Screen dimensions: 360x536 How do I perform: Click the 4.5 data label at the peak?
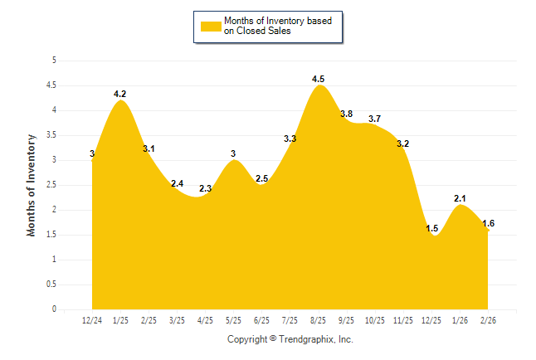(318, 80)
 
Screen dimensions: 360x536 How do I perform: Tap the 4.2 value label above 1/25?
(120, 95)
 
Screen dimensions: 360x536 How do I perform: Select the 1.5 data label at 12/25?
(431, 228)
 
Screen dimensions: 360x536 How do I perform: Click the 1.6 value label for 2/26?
(488, 223)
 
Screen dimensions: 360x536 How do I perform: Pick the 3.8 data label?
(346, 114)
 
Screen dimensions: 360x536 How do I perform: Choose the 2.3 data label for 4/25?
(206, 189)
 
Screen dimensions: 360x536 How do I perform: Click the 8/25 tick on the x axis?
(318, 319)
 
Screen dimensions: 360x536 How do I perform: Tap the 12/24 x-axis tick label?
(92, 319)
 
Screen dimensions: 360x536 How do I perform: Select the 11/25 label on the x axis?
(402, 319)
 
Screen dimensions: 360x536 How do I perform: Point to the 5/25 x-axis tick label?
(233, 319)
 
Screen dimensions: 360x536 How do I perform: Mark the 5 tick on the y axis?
(54, 61)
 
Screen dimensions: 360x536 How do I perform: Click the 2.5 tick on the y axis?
(51, 185)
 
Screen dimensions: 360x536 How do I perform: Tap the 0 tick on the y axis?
(54, 309)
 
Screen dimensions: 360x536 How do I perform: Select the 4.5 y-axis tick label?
(51, 85)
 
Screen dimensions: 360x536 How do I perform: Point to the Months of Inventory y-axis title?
(32, 185)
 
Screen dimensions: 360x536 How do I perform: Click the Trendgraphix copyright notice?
(290, 339)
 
